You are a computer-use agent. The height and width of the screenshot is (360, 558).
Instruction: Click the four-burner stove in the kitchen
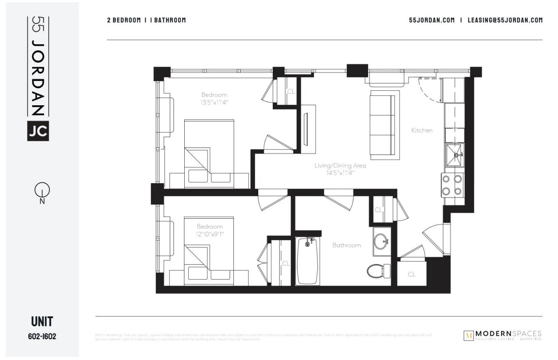coord(452,185)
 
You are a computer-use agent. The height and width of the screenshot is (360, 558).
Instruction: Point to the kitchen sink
coord(455,154)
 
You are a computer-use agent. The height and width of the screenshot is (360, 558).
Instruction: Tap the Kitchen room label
coord(422,130)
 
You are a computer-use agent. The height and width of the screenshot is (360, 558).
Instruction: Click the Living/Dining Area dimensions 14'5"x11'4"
coord(340,173)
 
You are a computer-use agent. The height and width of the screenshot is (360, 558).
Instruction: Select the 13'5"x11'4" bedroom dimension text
coord(214,102)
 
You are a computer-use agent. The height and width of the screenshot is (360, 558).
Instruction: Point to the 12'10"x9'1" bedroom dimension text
coord(210,234)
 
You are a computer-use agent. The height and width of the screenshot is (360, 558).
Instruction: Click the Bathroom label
coord(346,245)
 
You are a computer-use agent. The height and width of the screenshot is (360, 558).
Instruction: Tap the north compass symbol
coord(42,191)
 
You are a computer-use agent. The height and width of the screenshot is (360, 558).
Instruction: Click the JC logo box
coord(38,130)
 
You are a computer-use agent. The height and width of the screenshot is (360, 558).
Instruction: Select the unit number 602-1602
coord(42,336)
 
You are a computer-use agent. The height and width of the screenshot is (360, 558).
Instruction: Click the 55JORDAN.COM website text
coord(432,20)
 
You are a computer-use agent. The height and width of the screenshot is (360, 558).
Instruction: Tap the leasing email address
coord(505,20)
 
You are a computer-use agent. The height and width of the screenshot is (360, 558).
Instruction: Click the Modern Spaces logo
coord(503,335)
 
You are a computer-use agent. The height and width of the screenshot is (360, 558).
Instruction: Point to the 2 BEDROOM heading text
coord(124,20)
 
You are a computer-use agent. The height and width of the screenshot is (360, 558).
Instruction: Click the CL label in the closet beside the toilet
coord(412,274)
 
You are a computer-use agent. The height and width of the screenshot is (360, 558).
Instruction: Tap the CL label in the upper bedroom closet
coord(291,92)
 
